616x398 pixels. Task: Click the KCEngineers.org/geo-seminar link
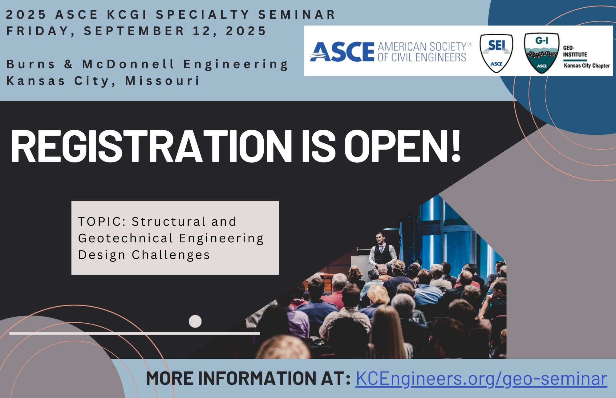click(x=481, y=379)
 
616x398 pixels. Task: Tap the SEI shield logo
click(x=496, y=53)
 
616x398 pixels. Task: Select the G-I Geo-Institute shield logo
click(x=542, y=53)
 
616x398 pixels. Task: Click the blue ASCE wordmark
click(x=342, y=52)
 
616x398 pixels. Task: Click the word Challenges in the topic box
click(x=171, y=255)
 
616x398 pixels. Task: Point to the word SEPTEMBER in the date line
click(x=134, y=31)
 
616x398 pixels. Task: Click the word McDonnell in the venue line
click(x=128, y=64)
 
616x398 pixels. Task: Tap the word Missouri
click(x=163, y=81)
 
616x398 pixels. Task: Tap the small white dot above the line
click(x=195, y=321)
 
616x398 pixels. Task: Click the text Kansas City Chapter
click(x=587, y=66)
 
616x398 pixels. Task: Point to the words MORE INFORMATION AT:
click(x=248, y=379)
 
